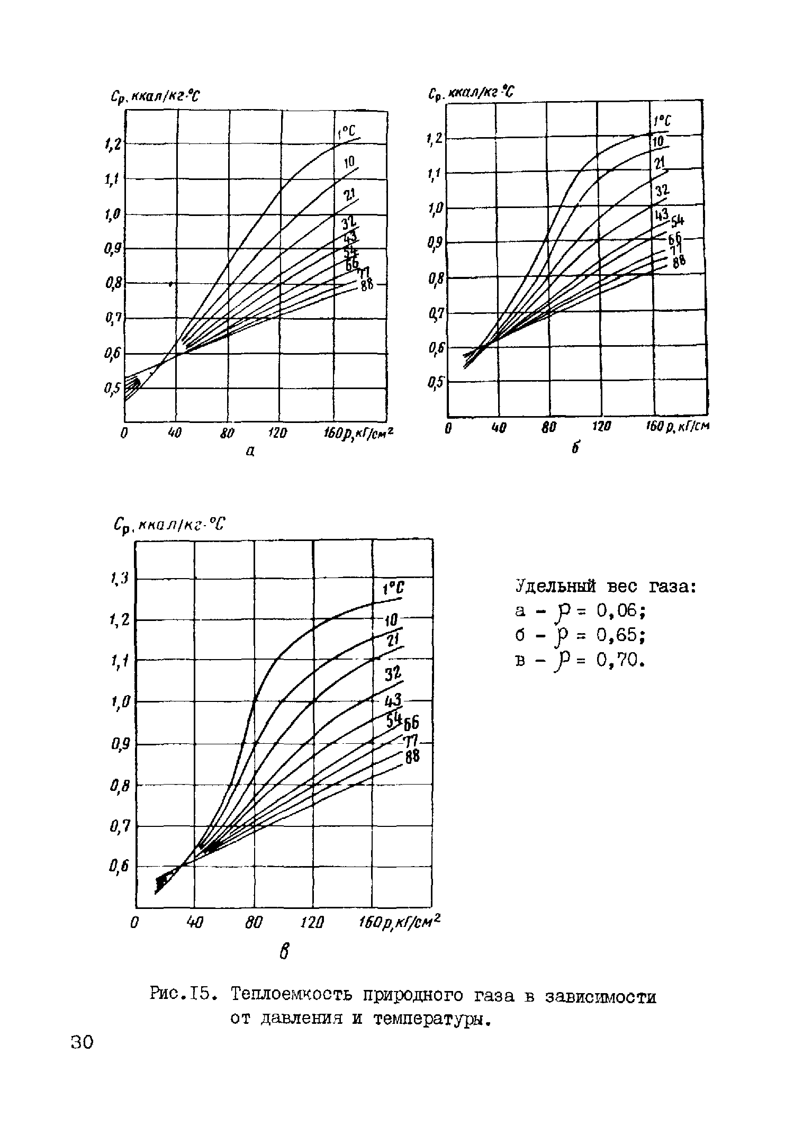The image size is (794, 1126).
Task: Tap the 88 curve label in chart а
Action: (x=367, y=285)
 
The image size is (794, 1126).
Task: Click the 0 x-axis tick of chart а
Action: (x=124, y=433)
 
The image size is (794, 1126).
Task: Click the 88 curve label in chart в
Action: (x=413, y=758)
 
